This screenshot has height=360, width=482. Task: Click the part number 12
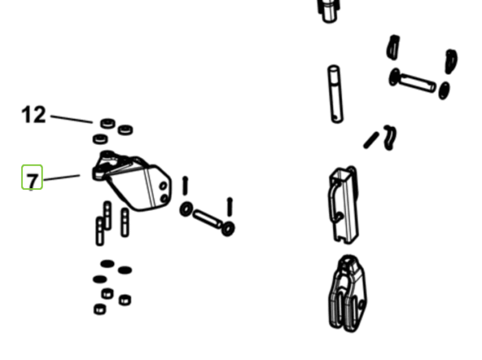coord(34,115)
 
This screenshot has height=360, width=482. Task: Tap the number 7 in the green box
coord(33,181)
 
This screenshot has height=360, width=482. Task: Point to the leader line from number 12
coord(72,119)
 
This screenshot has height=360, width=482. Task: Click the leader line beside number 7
coord(62,177)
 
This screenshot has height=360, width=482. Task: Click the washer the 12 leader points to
coord(108,124)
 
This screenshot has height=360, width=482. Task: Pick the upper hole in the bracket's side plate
coord(163,186)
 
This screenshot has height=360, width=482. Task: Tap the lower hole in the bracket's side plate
coord(164,198)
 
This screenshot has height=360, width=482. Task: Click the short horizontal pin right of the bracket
coord(207,218)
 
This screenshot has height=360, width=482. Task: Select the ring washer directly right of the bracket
coord(186,209)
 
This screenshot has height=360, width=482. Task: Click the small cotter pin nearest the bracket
coord(185,186)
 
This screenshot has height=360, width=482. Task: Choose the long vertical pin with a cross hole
coord(336,94)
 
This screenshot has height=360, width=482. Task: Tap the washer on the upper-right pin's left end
coord(395,77)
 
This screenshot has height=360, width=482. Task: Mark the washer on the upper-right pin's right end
coord(443,90)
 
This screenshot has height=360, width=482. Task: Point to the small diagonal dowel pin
coord(371,141)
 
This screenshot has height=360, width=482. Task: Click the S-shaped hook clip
coord(390,137)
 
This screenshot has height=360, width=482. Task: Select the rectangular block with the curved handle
coord(344,204)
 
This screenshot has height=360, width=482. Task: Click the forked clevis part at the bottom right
coord(348,294)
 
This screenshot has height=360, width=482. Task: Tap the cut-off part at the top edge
coord(329,11)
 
